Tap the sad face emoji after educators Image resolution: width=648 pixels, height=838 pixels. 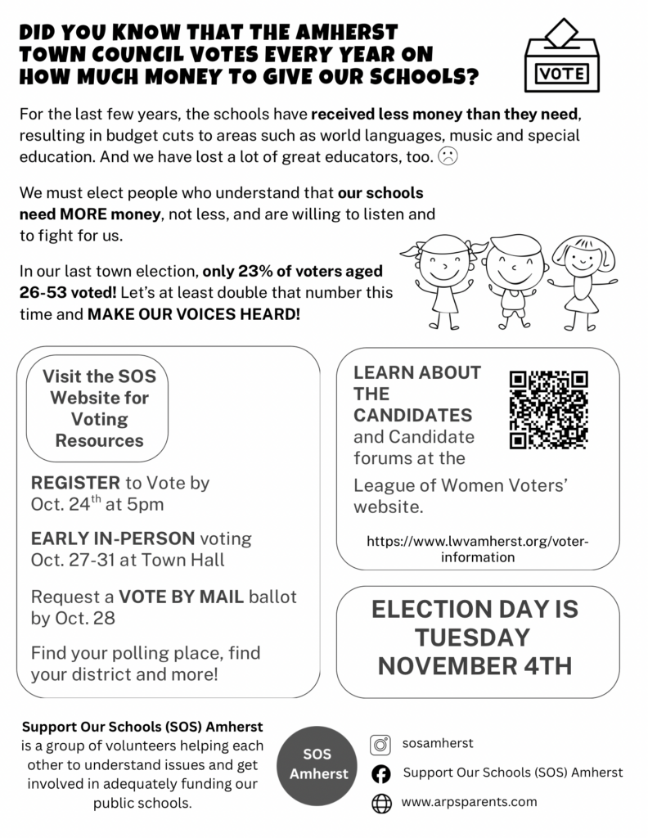pos(448,156)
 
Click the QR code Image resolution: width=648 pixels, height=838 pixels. pos(549,409)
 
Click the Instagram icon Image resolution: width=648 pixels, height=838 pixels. pos(380,745)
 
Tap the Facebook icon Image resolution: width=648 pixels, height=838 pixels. pos(380,773)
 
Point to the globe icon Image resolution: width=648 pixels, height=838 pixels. pos(380,803)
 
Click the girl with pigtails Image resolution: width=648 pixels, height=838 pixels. pos(443,278)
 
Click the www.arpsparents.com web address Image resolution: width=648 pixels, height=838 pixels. pos(469,802)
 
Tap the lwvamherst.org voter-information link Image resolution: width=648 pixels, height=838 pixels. pos(478,549)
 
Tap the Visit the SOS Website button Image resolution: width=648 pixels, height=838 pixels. pos(99,408)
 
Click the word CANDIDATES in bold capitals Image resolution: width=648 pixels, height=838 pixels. pos(412,415)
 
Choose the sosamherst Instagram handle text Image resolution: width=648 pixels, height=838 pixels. pos(438,744)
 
